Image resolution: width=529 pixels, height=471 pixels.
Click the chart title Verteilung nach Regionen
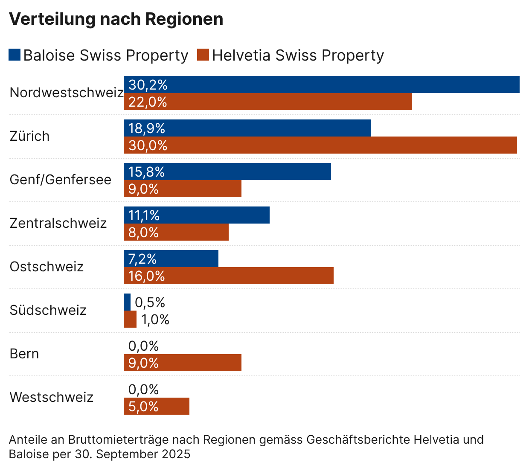coord(116,19)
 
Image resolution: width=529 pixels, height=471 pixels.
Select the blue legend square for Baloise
coord(15,55)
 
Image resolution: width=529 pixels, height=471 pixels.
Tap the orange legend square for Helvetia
coord(203,55)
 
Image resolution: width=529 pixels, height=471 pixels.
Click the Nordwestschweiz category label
coord(67,93)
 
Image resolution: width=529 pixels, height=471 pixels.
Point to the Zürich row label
coord(30,136)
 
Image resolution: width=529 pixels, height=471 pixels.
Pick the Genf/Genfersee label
coord(61,180)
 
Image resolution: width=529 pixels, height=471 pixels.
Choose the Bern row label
coord(24,354)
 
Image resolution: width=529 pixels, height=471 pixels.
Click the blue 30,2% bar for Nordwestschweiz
coord(322,84)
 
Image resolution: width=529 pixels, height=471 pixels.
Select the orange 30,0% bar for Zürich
coord(320,145)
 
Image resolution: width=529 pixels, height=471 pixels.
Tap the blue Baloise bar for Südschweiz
coord(127,302)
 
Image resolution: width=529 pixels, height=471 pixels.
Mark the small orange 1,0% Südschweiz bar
coord(130,319)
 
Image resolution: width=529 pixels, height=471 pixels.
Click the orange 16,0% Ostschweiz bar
coord(229,276)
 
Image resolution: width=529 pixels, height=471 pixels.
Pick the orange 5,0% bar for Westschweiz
coord(157,406)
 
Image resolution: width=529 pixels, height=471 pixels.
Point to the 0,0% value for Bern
coord(143,346)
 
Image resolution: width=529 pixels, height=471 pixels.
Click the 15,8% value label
coord(146,172)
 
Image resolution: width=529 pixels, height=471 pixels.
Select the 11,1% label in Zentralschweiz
coord(144,215)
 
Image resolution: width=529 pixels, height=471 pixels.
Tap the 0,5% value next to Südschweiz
coord(150,302)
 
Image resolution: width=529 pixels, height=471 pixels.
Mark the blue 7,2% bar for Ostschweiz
coord(171,259)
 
